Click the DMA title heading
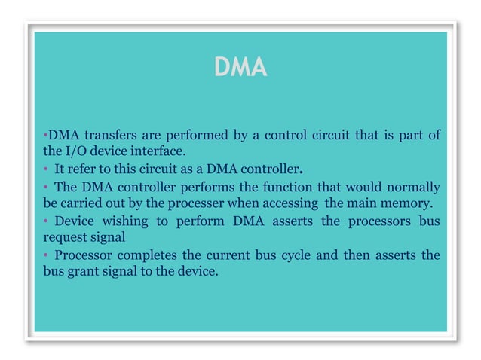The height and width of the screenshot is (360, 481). tap(240, 69)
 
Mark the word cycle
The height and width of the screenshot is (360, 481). tap(293, 255)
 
